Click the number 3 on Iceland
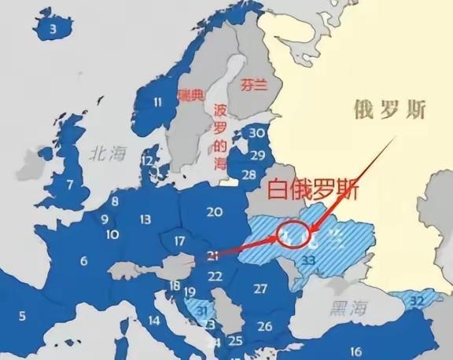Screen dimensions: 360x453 tap(53, 30)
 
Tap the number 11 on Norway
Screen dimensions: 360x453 tap(158, 101)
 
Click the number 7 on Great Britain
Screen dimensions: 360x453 tap(70, 185)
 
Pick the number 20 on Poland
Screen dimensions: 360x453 tap(214, 211)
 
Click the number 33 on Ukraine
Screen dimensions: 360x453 tap(308, 259)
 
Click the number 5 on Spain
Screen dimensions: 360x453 tap(22, 316)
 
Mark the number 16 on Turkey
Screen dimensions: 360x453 tap(355, 351)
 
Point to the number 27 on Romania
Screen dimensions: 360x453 tap(261, 288)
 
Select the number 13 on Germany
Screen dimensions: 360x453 tap(145, 219)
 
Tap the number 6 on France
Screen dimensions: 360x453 tap(83, 260)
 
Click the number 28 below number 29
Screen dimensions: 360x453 tap(249, 174)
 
